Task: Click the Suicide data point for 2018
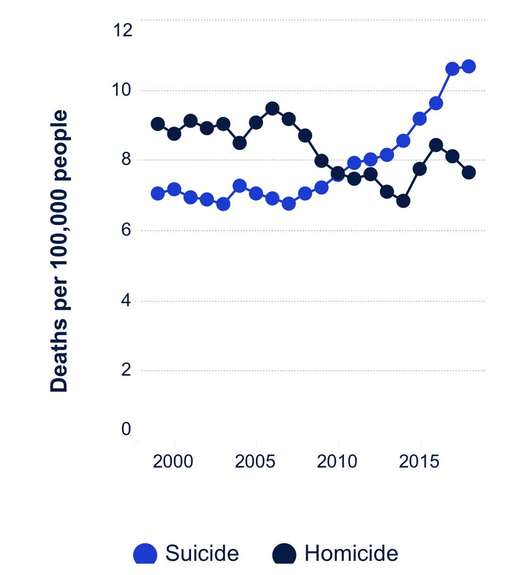[x=469, y=66]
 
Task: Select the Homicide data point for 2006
[x=272, y=108]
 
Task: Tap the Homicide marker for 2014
[x=403, y=200]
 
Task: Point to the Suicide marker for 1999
[x=158, y=194]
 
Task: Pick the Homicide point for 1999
[x=158, y=124]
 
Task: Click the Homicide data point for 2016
[x=436, y=145]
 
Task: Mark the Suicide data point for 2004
[x=240, y=185]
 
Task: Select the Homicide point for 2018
[x=469, y=172]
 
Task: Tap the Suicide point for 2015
[x=420, y=119]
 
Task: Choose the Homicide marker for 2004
[x=240, y=142]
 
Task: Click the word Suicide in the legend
[x=202, y=553]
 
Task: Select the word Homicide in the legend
[x=351, y=553]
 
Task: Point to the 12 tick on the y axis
[x=123, y=30]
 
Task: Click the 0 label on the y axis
[x=126, y=428]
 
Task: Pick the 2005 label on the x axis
[x=255, y=461]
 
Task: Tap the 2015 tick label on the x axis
[x=419, y=461]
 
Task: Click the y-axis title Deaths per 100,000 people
[x=59, y=251]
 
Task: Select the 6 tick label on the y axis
[x=126, y=230]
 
